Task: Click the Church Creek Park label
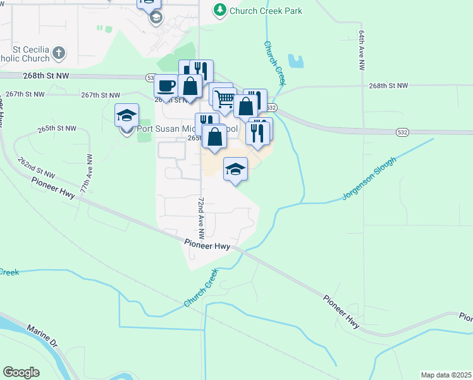[x=266, y=11]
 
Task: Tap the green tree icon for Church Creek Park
[x=220, y=10]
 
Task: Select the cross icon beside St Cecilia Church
[x=59, y=53]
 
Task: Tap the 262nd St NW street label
[x=37, y=168]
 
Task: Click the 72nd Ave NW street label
[x=201, y=217]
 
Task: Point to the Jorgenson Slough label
[x=369, y=179]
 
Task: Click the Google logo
[x=21, y=372]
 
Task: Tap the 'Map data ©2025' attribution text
[x=445, y=375]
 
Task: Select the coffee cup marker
[x=166, y=85]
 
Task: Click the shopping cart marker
[x=224, y=99]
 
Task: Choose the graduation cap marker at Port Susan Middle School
[x=126, y=116]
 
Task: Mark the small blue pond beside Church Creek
[x=295, y=61]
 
